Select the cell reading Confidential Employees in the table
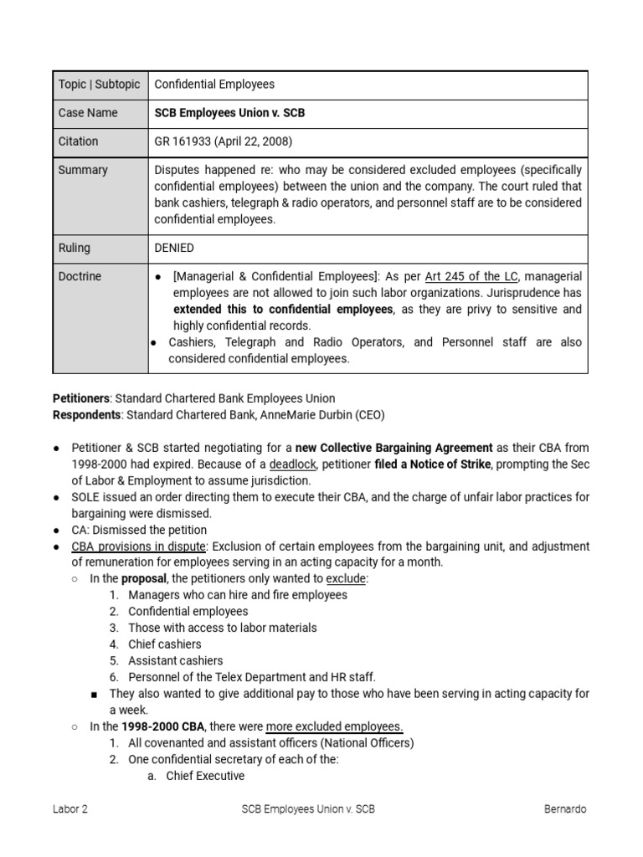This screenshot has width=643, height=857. [214, 85]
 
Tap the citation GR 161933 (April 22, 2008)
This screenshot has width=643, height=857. [224, 141]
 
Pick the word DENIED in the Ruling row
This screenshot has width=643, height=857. [174, 249]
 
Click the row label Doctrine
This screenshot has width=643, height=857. [80, 276]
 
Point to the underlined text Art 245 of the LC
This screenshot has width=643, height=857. [471, 276]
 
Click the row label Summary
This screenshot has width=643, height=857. [83, 170]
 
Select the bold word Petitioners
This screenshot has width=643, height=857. [81, 398]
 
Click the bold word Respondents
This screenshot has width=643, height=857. [86, 414]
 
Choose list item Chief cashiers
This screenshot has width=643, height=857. [164, 644]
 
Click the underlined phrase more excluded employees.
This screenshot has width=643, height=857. [334, 726]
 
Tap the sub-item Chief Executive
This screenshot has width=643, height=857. [205, 776]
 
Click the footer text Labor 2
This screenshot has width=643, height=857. [69, 809]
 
